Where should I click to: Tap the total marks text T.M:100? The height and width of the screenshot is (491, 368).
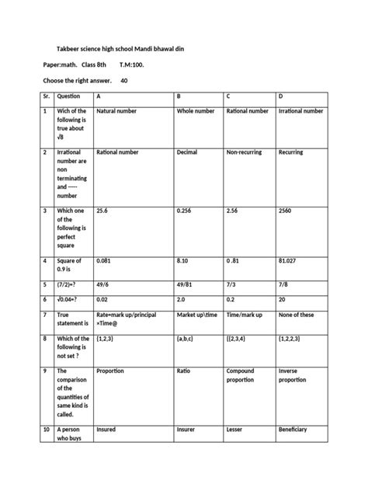(x=132, y=65)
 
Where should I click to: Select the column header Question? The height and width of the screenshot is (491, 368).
(x=69, y=97)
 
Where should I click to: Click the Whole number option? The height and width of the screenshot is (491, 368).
(x=196, y=112)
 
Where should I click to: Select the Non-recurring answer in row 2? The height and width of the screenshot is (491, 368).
(x=244, y=152)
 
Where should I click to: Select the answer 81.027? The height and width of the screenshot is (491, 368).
(x=289, y=261)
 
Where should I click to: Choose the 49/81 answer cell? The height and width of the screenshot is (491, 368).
(x=186, y=285)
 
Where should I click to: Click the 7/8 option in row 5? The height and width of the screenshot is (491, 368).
(x=283, y=285)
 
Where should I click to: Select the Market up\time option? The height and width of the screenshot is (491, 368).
(x=200, y=315)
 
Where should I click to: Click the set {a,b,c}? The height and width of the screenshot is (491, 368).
(x=187, y=339)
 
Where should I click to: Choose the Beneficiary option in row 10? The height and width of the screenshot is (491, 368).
(x=293, y=430)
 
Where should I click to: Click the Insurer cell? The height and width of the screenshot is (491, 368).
(x=188, y=430)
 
